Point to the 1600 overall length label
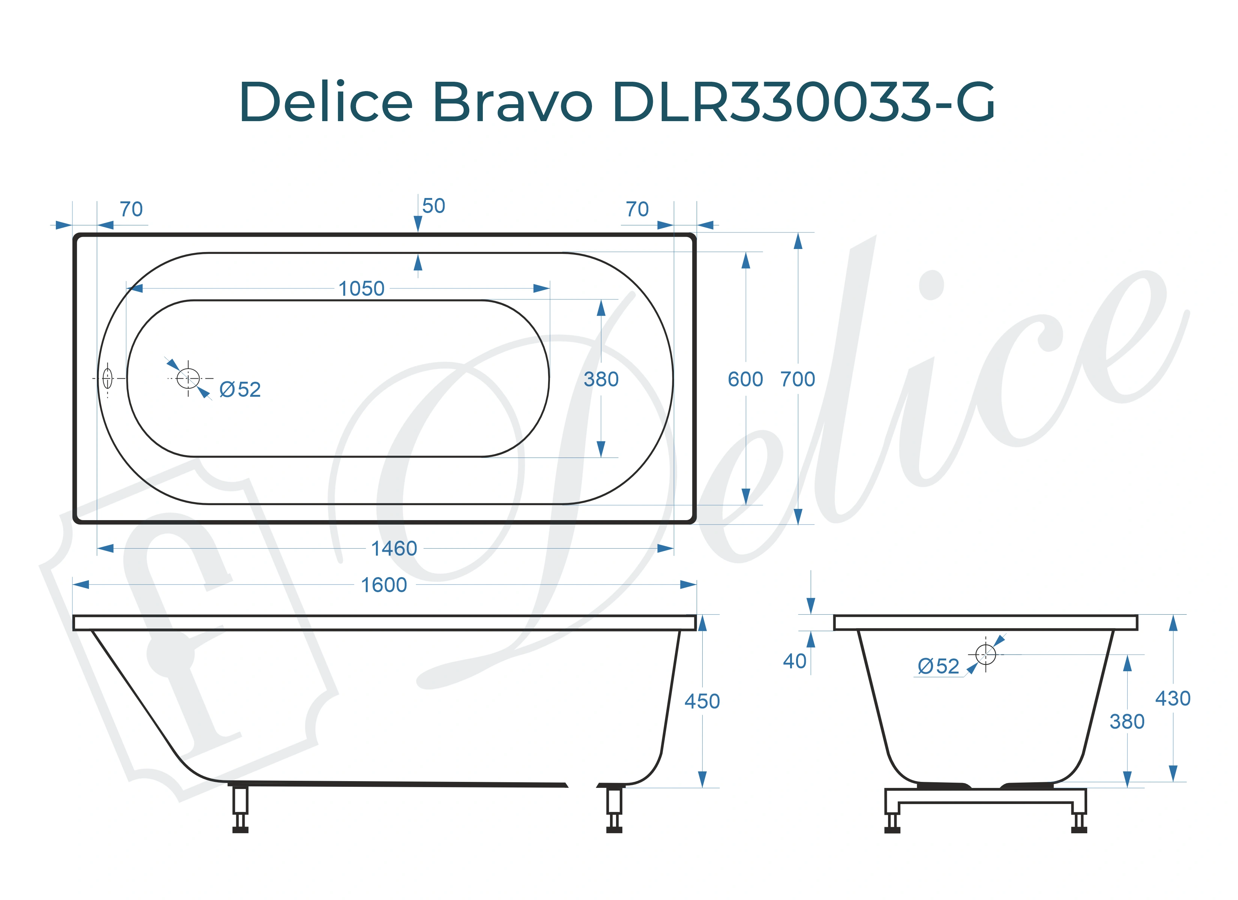[384, 585]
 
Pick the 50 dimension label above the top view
[433, 206]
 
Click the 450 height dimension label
[702, 701]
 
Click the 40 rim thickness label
[794, 661]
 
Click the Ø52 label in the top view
[240, 390]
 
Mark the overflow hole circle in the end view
[985, 654]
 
